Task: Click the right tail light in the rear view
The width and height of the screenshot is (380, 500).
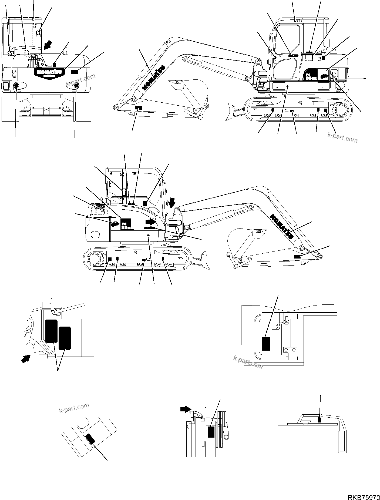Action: coord(76,86)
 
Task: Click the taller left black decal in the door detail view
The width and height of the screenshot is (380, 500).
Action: coord(51,331)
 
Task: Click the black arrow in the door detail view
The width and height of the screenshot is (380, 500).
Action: coord(26,359)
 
